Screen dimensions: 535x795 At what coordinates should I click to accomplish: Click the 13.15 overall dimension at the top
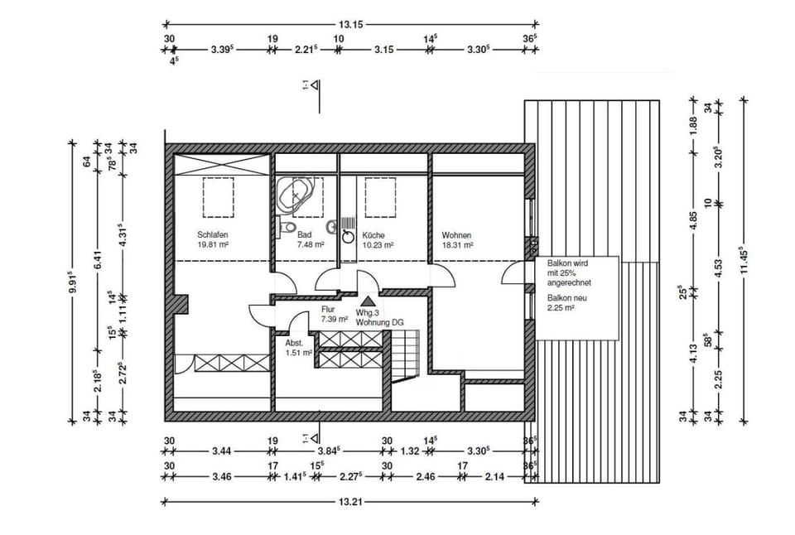(352, 24)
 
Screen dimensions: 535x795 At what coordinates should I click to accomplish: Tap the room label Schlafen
(212, 234)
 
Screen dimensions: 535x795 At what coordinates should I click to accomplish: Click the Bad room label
(304, 234)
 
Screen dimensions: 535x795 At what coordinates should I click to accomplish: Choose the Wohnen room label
(456, 234)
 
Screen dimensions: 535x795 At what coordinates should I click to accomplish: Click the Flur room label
(328, 310)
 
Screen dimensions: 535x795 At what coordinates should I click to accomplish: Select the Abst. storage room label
(295, 342)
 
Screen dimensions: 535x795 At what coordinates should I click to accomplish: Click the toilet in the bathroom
(287, 226)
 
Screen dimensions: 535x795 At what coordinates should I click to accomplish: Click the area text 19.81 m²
(213, 245)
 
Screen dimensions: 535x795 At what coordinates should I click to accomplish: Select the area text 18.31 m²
(457, 245)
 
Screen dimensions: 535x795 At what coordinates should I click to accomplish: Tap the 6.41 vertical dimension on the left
(98, 261)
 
